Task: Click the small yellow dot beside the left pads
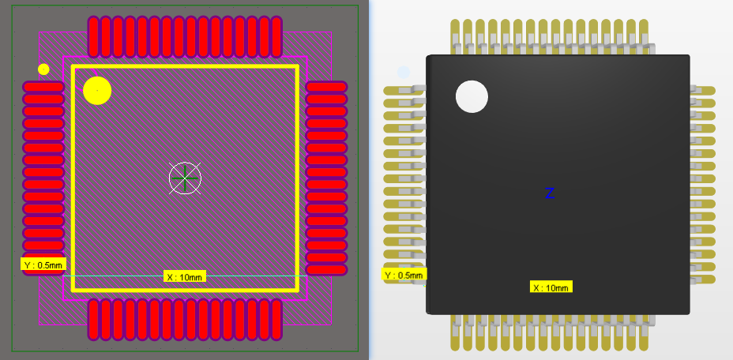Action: click(x=43, y=69)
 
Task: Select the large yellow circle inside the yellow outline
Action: click(x=97, y=91)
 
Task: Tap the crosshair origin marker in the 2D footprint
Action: click(x=185, y=178)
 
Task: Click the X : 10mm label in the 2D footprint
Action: click(x=185, y=276)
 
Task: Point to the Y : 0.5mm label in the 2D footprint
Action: click(x=43, y=265)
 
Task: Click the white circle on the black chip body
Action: click(x=472, y=96)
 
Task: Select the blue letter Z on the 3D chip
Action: click(x=550, y=193)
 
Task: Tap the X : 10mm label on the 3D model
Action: click(x=551, y=287)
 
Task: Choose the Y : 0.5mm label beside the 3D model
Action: click(x=404, y=275)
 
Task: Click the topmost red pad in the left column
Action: click(x=43, y=87)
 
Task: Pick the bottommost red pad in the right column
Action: click(x=326, y=270)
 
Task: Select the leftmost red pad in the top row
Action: click(x=94, y=36)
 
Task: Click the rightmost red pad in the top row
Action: click(x=276, y=36)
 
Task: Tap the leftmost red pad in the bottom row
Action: click(x=94, y=319)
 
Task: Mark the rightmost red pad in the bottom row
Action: click(x=276, y=319)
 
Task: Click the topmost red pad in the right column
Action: click(x=326, y=87)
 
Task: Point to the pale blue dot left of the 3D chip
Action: click(x=404, y=73)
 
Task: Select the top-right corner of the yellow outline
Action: click(x=297, y=67)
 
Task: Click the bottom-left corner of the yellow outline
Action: click(x=73, y=290)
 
